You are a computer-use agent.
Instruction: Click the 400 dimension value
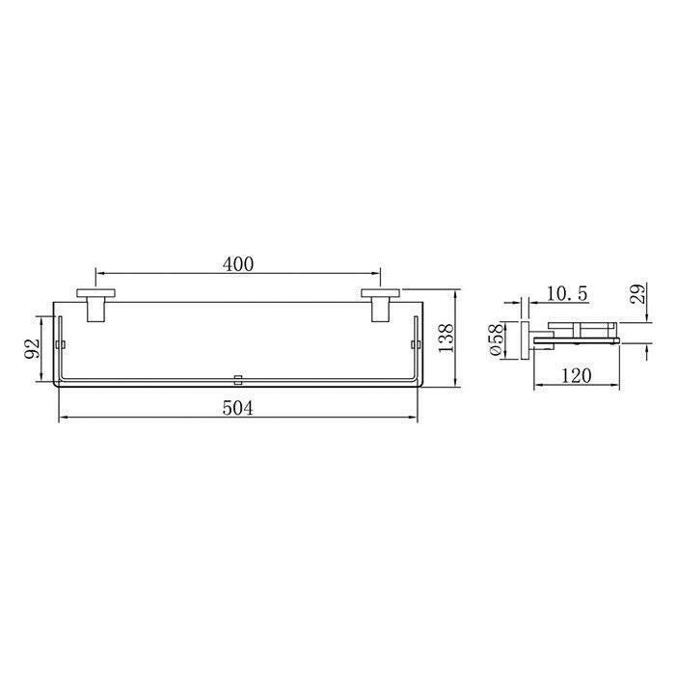pos(238,264)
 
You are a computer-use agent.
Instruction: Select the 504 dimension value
pos(238,407)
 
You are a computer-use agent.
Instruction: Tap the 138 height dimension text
pos(446,338)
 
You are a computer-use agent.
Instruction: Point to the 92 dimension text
pos(32,348)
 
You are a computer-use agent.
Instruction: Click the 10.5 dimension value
pos(567,293)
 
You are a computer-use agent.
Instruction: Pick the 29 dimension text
pos(639,293)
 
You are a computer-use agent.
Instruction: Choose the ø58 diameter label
pos(496,339)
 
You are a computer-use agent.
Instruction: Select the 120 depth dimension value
pos(577,375)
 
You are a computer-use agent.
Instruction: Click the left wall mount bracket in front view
pos(95,306)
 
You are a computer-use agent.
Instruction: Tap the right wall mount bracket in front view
pos(380,306)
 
